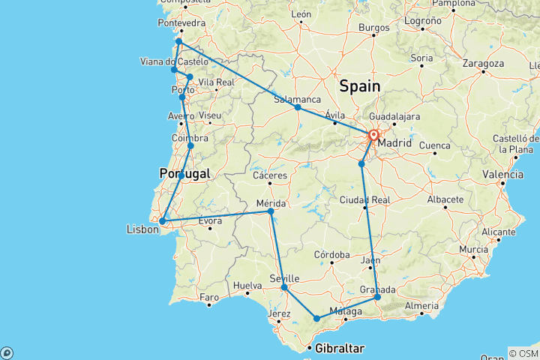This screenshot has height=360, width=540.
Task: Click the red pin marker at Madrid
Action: pyautogui.click(x=373, y=136)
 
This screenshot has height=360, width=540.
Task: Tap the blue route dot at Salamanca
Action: pyautogui.click(x=298, y=107)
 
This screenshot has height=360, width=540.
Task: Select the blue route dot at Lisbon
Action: pyautogui.click(x=163, y=221)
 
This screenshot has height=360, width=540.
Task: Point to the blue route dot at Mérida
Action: pyautogui.click(x=271, y=211)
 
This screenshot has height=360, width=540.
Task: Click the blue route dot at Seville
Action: pyautogui.click(x=284, y=287)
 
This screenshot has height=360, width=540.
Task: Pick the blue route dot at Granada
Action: pyautogui.click(x=377, y=297)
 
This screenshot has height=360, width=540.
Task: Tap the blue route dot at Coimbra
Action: pyautogui.click(x=190, y=145)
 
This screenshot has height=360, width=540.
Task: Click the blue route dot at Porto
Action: pyautogui.click(x=182, y=97)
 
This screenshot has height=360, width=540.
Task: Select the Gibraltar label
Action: pyautogui.click(x=340, y=349)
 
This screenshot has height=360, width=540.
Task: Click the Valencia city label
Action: pyautogui.click(x=503, y=174)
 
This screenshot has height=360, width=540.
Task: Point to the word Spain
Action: pyautogui.click(x=360, y=86)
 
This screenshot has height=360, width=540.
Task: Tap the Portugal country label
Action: pyautogui.click(x=184, y=173)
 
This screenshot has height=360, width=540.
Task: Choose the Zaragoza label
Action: pyautogui.click(x=483, y=64)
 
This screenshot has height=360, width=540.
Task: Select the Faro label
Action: pyautogui.click(x=209, y=298)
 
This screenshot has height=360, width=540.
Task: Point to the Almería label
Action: pyautogui.click(x=421, y=305)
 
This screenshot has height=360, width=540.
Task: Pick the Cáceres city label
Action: pyautogui.click(x=271, y=175)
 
